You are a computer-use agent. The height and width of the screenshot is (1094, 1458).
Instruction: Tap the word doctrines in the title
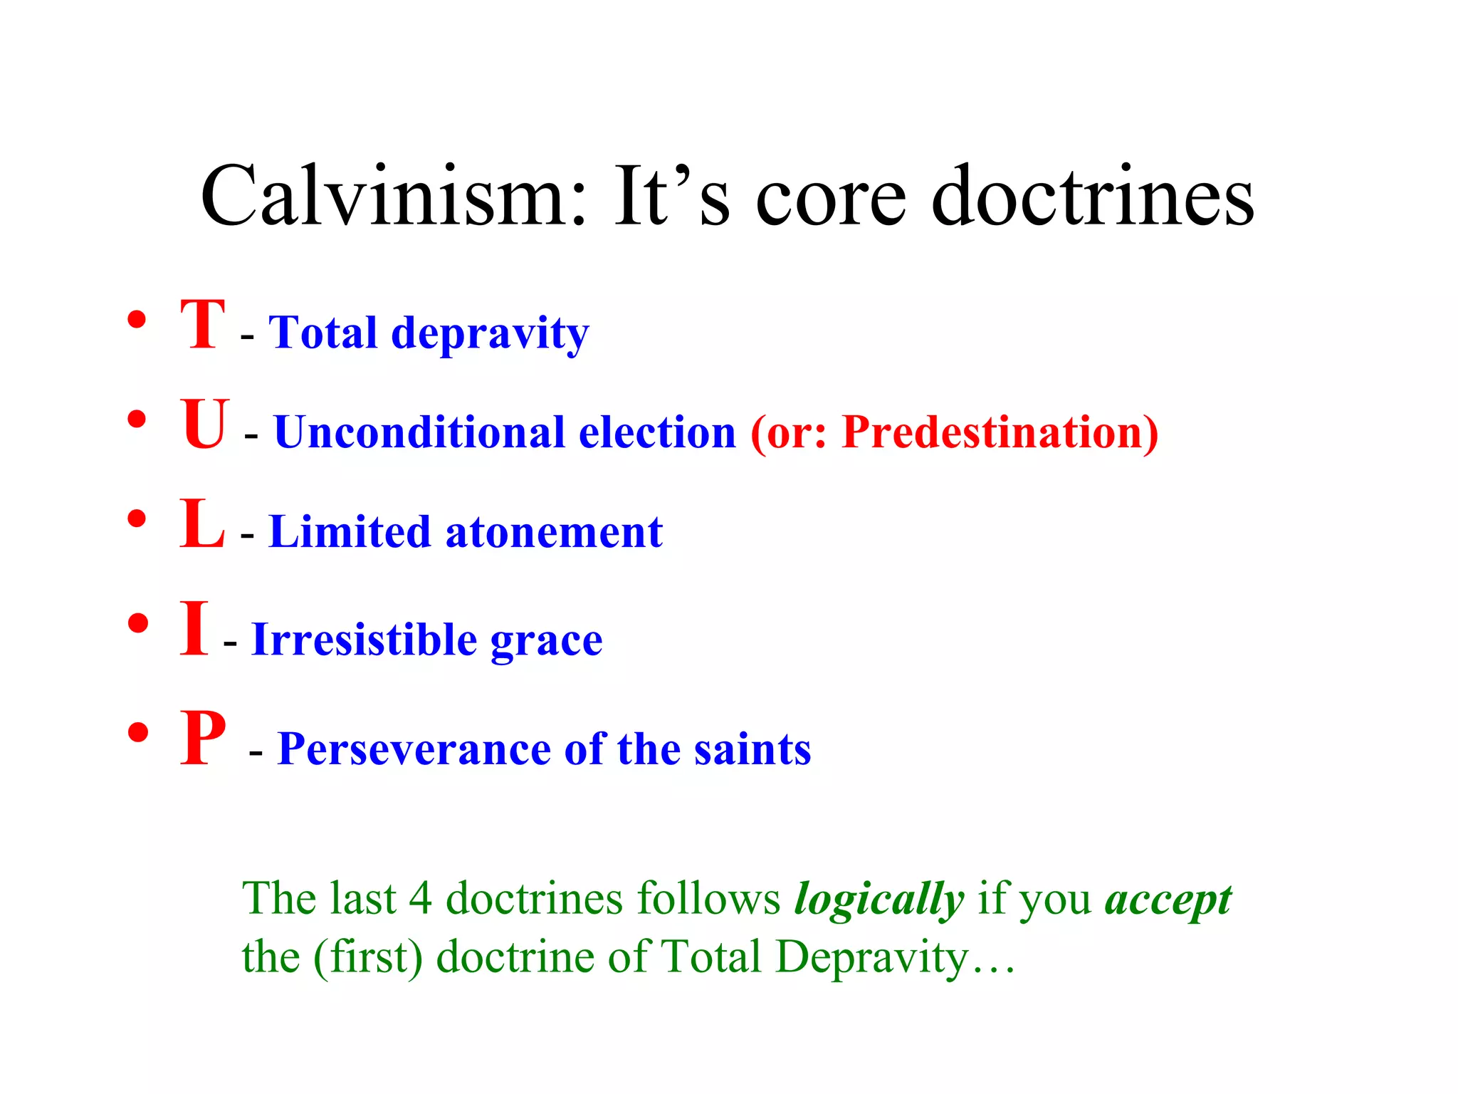[1093, 197]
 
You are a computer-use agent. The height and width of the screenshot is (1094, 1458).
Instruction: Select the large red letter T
[203, 325]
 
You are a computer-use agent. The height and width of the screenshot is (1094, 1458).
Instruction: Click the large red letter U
[204, 424]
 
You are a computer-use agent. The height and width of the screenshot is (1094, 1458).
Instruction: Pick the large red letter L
[202, 524]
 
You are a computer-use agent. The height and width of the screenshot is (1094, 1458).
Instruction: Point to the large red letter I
[194, 628]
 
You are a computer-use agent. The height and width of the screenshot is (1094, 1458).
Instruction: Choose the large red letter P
[203, 739]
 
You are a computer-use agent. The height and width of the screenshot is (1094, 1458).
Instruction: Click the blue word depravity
[491, 333]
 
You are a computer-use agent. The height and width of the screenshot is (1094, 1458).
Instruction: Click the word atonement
[554, 532]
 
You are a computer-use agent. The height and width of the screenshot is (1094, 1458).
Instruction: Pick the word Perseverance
[414, 749]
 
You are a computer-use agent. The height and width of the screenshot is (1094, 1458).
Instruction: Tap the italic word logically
[879, 899]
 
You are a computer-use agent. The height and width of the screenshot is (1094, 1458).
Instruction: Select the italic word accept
[1168, 899]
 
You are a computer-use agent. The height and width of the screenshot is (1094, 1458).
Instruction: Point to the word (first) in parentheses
[368, 957]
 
